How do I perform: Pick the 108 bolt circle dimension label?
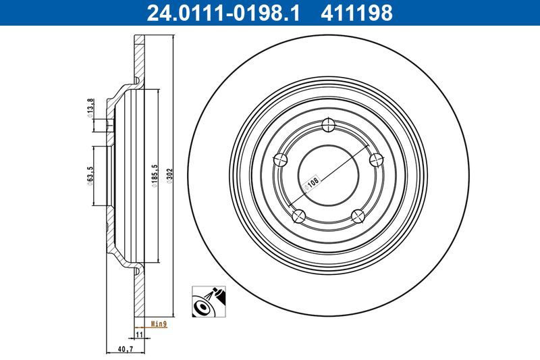pyautogui.click(x=313, y=183)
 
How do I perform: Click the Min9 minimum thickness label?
pyautogui.click(x=159, y=324)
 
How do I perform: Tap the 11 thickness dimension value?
pyautogui.click(x=139, y=334)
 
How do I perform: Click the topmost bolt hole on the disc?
pyautogui.click(x=329, y=124)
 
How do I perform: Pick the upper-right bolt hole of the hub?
pyautogui.click(x=377, y=159)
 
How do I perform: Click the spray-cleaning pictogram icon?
pyautogui.click(x=210, y=301)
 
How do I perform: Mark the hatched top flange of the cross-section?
pyautogui.click(x=139, y=61)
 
